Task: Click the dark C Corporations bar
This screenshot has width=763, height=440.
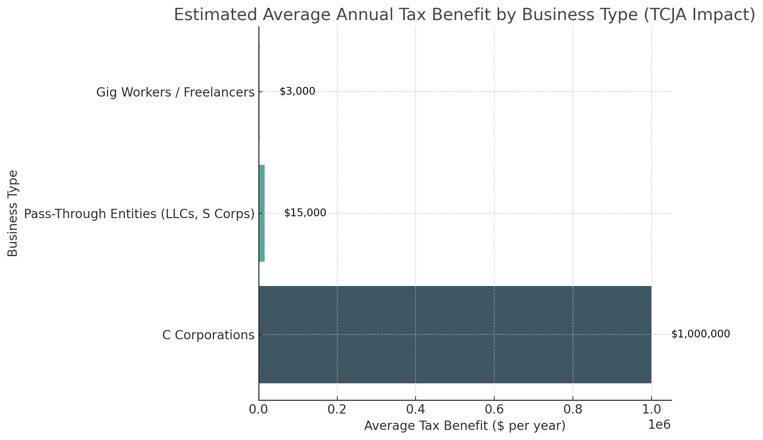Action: [455, 334]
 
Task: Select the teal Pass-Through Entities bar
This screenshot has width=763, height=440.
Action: [262, 213]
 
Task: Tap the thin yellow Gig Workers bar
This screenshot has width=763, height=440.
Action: [259, 92]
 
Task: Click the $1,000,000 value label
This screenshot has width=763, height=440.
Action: [700, 334]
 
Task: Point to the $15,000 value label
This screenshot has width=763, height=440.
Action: [305, 213]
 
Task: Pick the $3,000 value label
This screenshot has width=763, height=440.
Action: [297, 91]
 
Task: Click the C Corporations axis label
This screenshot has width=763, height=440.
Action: [208, 335]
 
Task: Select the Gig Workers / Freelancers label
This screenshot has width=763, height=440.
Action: [175, 92]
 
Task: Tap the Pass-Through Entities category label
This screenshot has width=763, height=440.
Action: [139, 214]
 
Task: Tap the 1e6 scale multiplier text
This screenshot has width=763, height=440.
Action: [659, 425]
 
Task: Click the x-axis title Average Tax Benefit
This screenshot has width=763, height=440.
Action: [464, 426]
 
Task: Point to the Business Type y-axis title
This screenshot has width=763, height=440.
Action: [13, 213]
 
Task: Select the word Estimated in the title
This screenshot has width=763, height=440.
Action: [215, 15]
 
